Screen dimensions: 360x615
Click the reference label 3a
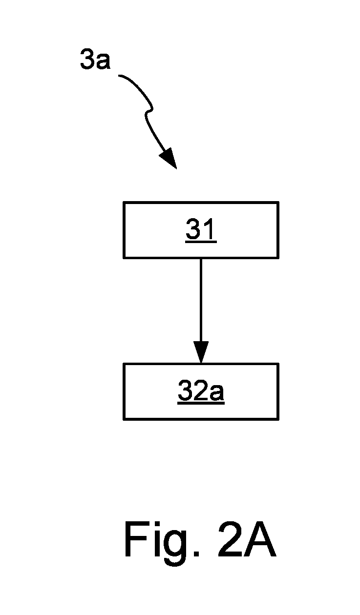[95, 59]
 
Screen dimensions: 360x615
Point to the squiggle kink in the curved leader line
[149, 111]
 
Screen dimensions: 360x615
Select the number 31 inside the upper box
[201, 229]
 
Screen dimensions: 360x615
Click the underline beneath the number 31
[201, 242]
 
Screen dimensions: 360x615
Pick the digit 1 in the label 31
[209, 229]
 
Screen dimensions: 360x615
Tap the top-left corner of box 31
[124, 202]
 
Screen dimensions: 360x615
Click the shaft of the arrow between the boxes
[201, 300]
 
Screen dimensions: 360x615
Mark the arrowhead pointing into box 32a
[201, 352]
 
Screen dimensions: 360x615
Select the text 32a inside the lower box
[201, 390]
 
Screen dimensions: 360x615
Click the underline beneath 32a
[201, 403]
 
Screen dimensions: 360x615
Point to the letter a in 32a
[216, 393]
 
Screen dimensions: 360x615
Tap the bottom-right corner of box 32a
[278, 419]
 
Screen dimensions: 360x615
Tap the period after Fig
[196, 553]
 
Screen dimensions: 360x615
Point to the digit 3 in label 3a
[87, 59]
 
